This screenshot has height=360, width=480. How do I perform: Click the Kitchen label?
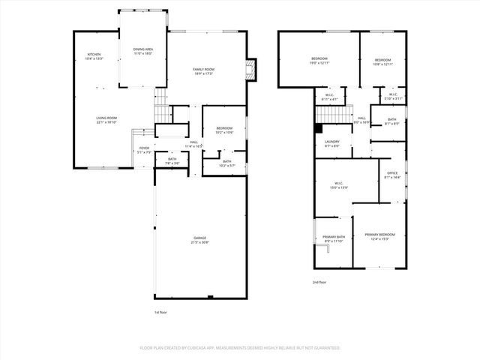[x=94, y=55]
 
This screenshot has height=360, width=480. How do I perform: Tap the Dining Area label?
[x=143, y=49]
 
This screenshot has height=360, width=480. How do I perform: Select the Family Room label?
[x=204, y=69]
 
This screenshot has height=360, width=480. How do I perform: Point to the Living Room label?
[x=106, y=118]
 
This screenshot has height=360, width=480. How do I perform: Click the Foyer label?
[x=144, y=148]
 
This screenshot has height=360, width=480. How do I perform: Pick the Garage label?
[x=199, y=238]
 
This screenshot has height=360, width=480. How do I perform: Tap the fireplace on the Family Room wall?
[x=252, y=70]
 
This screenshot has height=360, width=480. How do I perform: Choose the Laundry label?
[x=332, y=142]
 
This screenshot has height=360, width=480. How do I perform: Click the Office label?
[x=392, y=173]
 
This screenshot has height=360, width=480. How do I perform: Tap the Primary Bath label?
[x=334, y=237]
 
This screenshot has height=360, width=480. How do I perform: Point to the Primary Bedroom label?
[x=379, y=235]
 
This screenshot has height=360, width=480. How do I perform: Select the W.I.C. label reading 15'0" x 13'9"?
[x=339, y=184]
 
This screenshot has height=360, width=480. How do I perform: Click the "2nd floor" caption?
[x=320, y=282]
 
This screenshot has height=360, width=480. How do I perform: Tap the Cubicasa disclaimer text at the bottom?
[x=240, y=348]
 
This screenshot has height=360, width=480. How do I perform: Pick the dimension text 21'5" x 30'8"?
[x=199, y=242]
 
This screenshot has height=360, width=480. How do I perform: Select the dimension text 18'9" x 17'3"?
[x=204, y=73]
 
